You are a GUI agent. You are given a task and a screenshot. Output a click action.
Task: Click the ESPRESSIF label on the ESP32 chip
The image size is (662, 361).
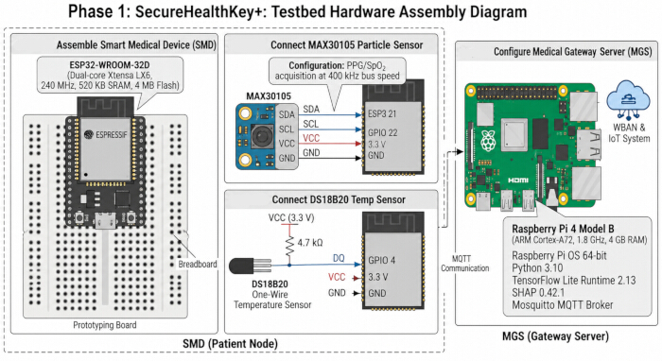(x=111, y=134)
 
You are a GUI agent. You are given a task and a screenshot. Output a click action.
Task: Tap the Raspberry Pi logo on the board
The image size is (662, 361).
(x=488, y=140)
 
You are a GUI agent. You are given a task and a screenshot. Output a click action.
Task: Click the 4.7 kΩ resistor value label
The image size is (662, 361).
(x=310, y=243)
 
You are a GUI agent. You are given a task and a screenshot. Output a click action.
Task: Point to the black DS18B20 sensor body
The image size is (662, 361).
(x=240, y=266)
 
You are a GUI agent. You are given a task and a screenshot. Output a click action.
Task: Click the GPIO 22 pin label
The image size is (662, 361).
(x=382, y=132)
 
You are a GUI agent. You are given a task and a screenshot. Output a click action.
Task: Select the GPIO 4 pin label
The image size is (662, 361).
(x=382, y=260)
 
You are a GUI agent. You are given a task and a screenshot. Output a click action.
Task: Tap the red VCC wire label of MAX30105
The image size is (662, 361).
(x=311, y=138)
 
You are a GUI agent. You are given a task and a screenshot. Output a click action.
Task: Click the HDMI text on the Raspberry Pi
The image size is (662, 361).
(x=518, y=180)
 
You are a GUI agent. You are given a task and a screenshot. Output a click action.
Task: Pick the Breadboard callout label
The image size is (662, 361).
(x=198, y=265)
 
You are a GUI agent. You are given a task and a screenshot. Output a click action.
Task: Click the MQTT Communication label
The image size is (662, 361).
(x=464, y=264)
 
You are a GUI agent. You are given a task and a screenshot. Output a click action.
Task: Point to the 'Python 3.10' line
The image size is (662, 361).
(x=537, y=268)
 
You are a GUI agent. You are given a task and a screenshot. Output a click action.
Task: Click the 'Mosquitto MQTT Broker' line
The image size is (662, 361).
(x=563, y=305)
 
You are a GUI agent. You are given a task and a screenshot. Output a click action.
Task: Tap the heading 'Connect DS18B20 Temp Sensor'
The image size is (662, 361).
(x=339, y=200)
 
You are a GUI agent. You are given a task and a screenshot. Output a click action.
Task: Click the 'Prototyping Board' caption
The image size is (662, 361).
(x=105, y=325)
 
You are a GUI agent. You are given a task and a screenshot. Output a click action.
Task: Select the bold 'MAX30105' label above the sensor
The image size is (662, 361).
(x=269, y=96)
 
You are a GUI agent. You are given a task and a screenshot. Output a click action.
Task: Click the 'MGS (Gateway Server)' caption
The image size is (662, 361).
(x=555, y=336)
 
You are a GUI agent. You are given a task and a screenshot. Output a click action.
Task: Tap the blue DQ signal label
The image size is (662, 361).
(x=339, y=258)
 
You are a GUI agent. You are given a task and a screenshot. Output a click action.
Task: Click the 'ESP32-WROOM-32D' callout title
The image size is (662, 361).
(x=110, y=65)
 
